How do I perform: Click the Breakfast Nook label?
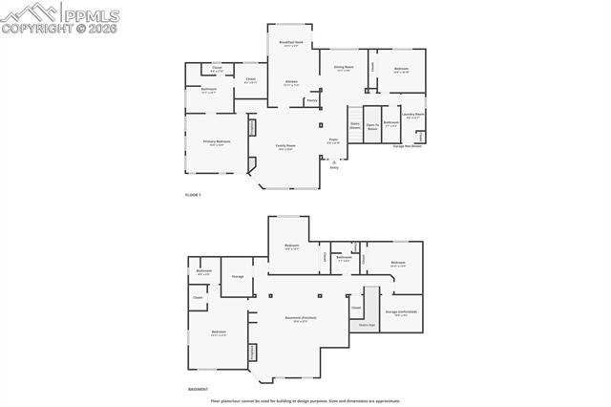(x=292, y=44)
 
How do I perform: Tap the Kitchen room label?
(x=292, y=83)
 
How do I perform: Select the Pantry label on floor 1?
(x=312, y=100)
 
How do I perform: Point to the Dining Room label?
(x=343, y=69)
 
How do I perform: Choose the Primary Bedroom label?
(x=217, y=142)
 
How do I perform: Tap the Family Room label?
(x=285, y=147)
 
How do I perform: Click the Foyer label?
(x=334, y=141)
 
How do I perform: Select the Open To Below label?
(x=372, y=126)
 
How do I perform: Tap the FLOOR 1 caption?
(x=193, y=195)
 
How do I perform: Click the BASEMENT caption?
(x=199, y=390)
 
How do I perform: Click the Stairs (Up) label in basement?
(x=367, y=325)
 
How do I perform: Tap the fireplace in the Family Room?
(x=253, y=128)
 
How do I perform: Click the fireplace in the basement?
(x=253, y=352)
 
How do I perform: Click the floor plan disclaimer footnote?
(x=305, y=401)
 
